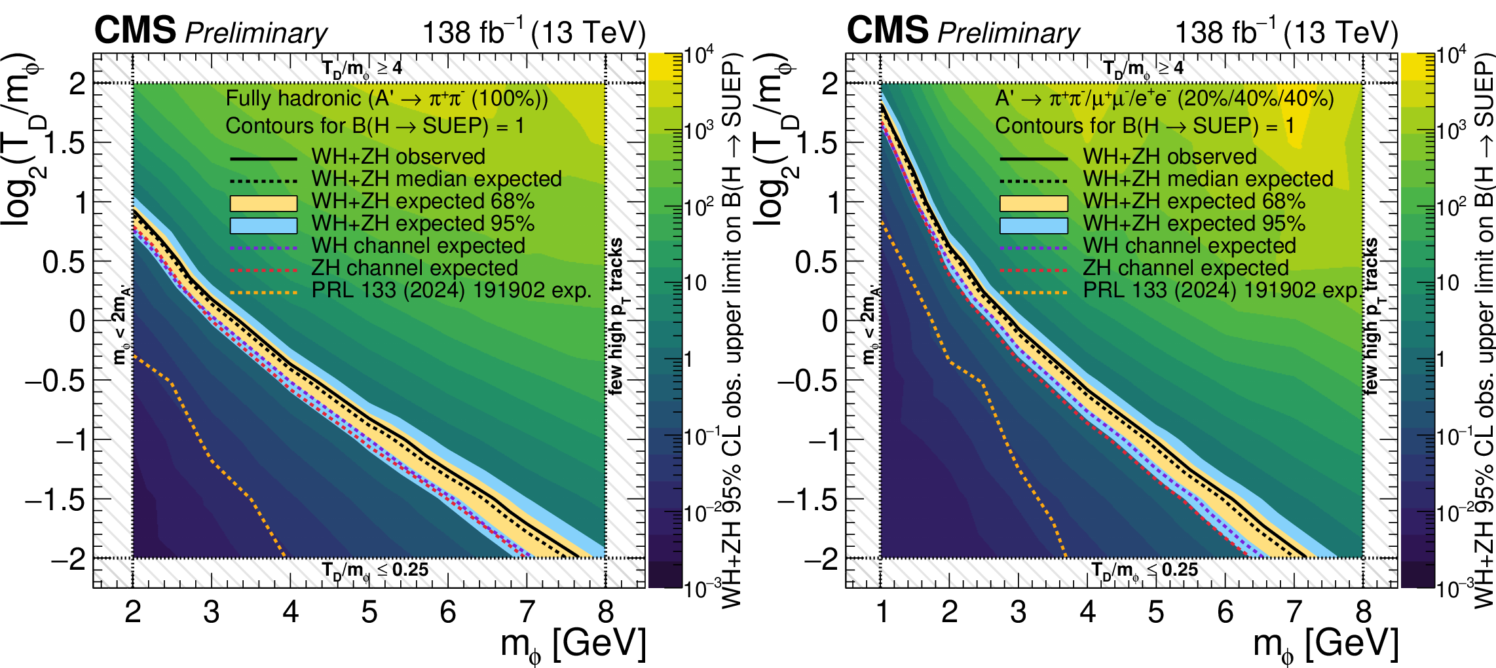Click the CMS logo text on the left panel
[135, 30]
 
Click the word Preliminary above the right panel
[1009, 33]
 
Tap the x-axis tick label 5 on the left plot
[369, 612]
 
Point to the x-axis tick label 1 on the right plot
[882, 612]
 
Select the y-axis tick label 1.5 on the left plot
[64, 143]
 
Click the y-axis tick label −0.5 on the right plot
[808, 380]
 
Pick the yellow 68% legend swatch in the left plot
[263, 203]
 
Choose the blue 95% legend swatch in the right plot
[1034, 225]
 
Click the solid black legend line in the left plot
[263, 158]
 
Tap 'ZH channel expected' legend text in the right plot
[1186, 268]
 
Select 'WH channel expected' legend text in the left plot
[418, 246]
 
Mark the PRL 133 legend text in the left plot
[451, 290]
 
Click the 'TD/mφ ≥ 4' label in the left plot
[362, 68]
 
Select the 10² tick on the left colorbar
[699, 208]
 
